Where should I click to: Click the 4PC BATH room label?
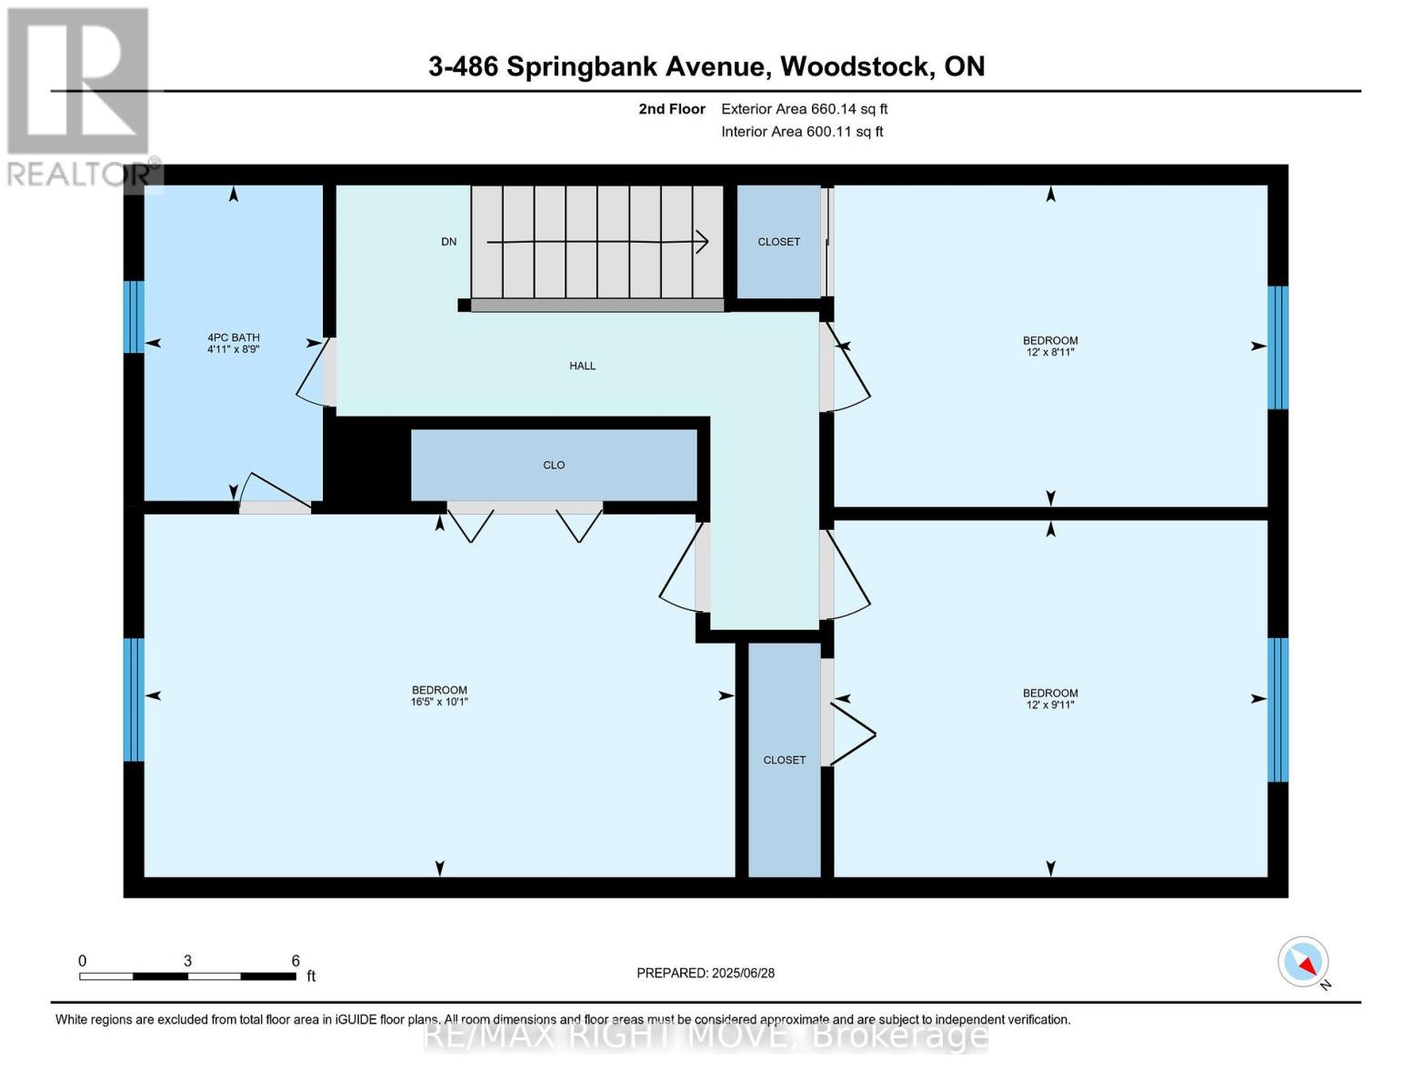pos(234,337)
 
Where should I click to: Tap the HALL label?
pos(583,366)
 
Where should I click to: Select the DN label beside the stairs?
pos(449,242)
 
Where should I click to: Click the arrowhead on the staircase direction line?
pos(702,242)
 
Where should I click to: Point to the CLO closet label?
pos(554,465)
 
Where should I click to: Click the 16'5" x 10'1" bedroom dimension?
pos(439,702)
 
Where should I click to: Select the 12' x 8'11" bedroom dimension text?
pos(1050,353)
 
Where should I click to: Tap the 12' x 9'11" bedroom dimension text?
pos(1050,705)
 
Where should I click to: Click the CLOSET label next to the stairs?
pos(779,242)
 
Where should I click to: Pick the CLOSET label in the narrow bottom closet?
pos(785,760)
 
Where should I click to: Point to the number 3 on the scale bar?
pos(187,961)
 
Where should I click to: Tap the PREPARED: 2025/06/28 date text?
pos(706,973)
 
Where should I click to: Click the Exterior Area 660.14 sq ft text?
pos(805,109)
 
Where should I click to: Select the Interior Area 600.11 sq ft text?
pos(802,132)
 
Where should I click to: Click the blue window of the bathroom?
pos(134,316)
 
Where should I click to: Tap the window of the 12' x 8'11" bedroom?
pos(1277,347)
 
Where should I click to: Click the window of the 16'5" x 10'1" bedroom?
pos(134,699)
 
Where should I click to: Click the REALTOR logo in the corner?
pos(80,95)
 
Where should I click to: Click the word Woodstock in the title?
pos(856,66)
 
